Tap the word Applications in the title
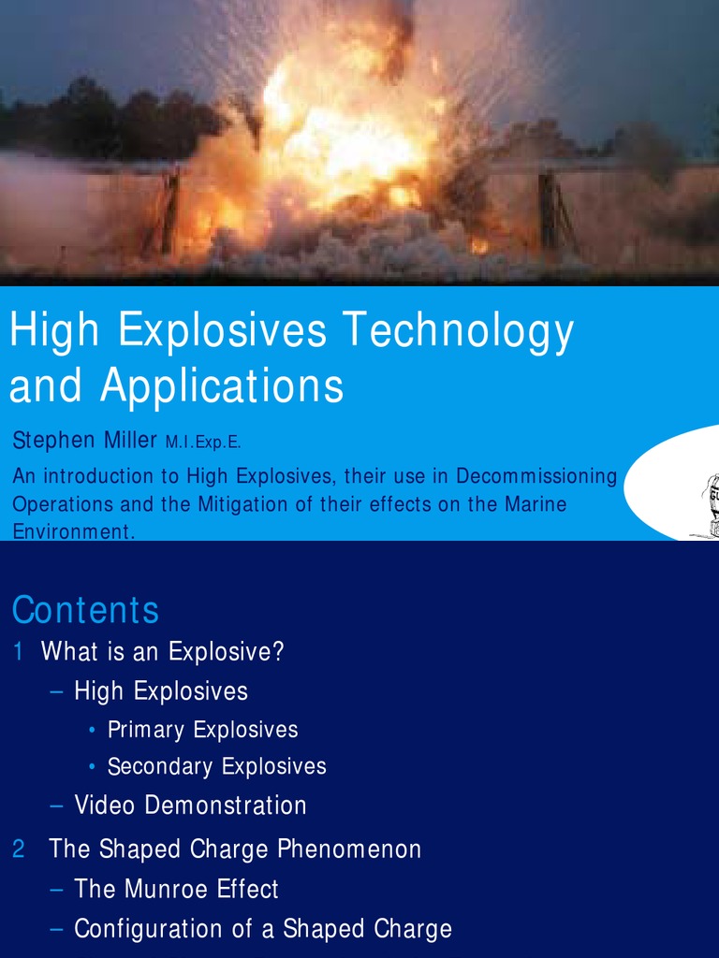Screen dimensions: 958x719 coord(222,385)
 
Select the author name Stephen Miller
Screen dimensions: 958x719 coord(84,440)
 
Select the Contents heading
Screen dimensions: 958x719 coord(85,610)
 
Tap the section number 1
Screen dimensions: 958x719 coord(18,652)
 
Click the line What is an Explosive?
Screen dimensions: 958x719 coord(162,652)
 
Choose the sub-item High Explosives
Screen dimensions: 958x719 coord(161,691)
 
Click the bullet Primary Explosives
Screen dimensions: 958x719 coord(202,730)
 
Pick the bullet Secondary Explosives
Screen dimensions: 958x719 coord(216,766)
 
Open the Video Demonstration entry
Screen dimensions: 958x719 coord(190,806)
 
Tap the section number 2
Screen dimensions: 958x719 coord(19,849)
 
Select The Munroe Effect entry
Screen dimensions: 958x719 coord(176,889)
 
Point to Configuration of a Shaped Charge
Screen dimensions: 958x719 coord(262,929)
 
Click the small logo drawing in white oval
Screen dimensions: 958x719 coord(708,506)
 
